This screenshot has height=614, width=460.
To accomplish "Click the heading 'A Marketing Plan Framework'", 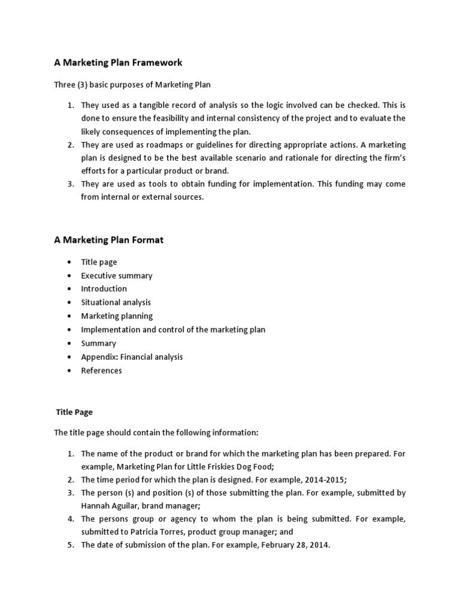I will pos(118,62).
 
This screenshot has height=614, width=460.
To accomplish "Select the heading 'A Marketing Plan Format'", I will pos(108,240).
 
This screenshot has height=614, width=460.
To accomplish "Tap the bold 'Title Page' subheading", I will pos(74,413).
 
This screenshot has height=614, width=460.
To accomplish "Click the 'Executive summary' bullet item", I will pos(117,276).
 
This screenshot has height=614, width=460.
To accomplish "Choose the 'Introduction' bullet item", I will pos(104,289).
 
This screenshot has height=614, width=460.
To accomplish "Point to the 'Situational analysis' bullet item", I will pos(116,303).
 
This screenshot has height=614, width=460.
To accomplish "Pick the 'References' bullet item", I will pos(101,371).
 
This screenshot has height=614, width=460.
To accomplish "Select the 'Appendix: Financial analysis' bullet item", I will pos(132,357).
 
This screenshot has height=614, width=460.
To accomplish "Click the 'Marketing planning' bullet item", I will pos(117,316).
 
